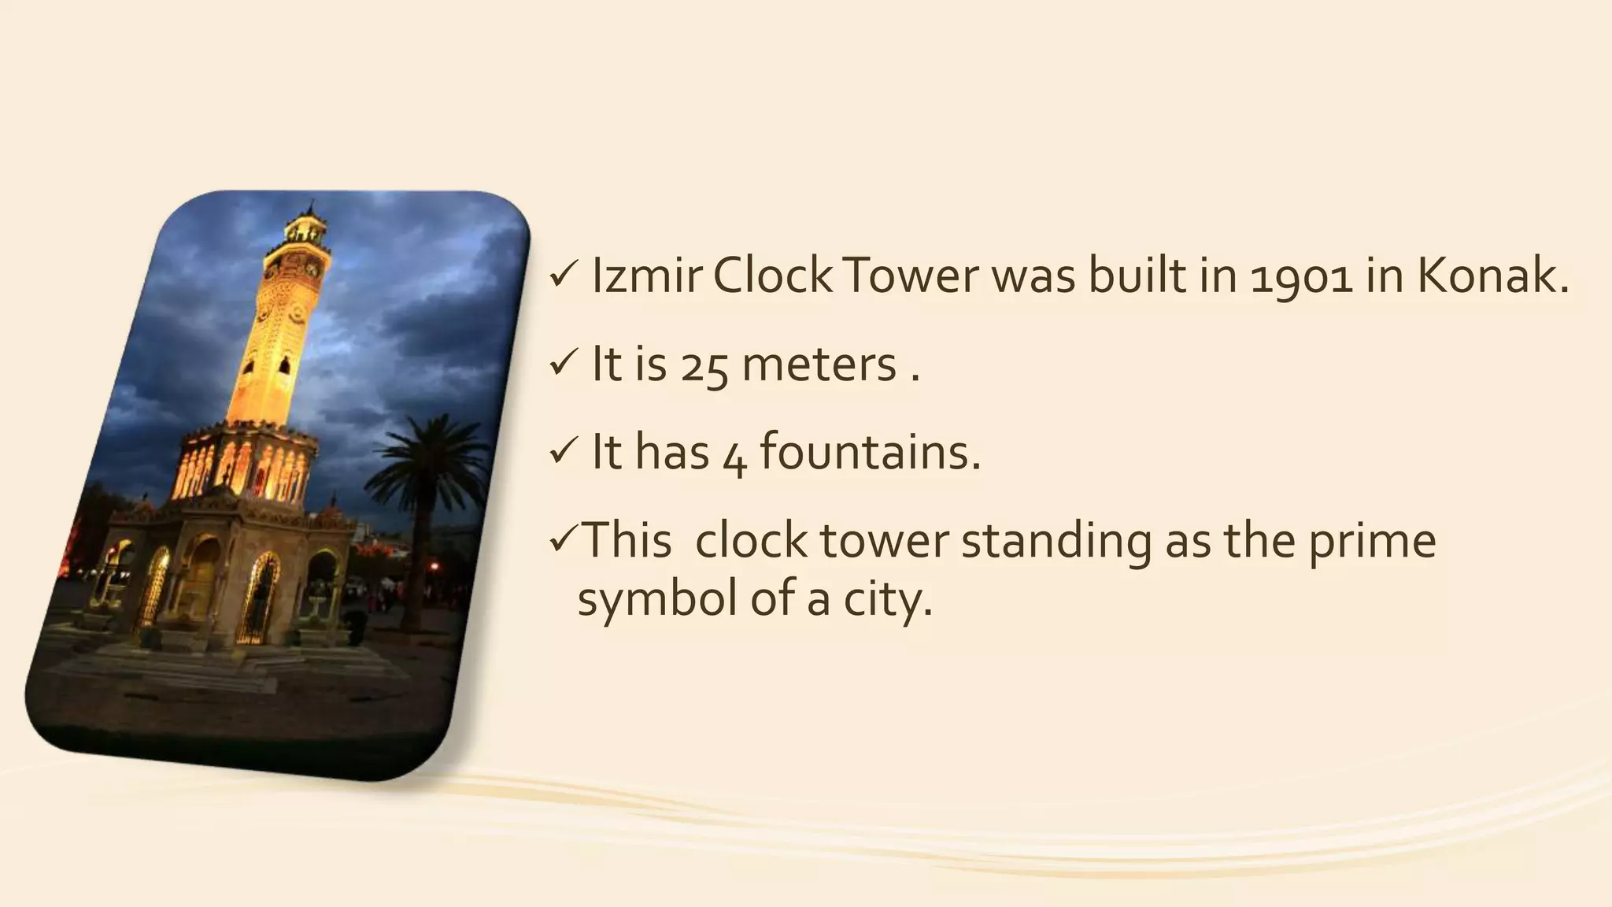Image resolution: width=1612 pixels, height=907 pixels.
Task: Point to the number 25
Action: coord(704,367)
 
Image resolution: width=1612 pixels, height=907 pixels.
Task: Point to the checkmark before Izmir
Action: coord(564,277)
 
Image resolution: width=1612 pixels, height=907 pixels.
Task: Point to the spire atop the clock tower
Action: coord(311,211)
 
